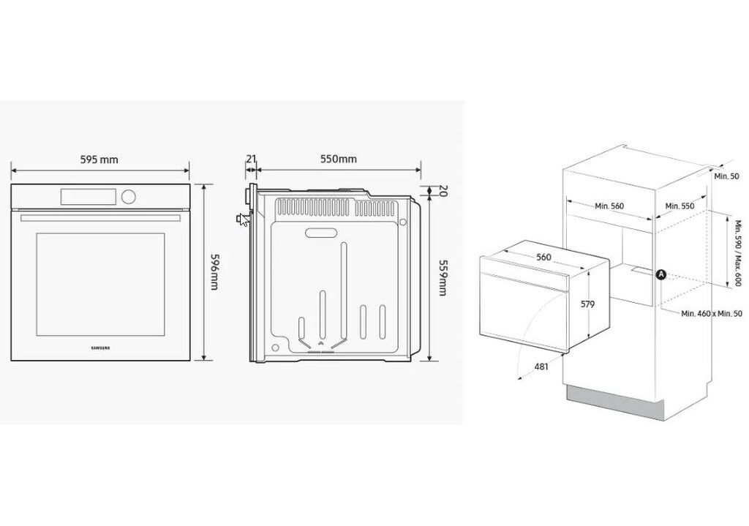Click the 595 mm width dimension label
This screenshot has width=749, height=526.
(99, 159)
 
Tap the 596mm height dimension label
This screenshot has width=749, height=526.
(214, 272)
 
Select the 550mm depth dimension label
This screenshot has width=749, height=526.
(338, 159)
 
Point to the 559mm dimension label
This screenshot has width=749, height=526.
(443, 277)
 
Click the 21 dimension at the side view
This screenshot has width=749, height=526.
(252, 159)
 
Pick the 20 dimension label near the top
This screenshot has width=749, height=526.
(443, 191)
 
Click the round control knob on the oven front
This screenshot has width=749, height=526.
(128, 196)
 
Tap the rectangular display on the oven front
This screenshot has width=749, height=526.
(89, 196)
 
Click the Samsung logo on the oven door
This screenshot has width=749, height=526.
(100, 348)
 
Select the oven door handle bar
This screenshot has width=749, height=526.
(100, 218)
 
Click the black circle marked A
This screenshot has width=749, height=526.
(661, 274)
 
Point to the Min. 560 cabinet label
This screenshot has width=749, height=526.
(609, 206)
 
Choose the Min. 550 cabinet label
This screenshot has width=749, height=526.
(680, 206)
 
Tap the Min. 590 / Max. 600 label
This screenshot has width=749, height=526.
(739, 252)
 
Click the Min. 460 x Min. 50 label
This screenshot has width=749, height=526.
(712, 313)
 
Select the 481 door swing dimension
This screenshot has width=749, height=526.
(541, 367)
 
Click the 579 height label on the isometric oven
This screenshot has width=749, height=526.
(587, 304)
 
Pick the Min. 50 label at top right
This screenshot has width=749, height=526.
(726, 176)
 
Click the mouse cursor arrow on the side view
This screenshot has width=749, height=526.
(245, 219)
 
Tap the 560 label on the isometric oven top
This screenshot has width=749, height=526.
(543, 257)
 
